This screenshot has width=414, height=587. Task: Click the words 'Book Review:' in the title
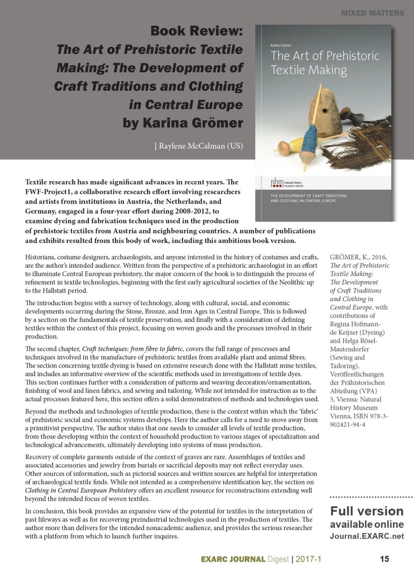pyautogui.click(x=197, y=31)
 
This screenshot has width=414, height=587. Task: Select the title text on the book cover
pyautogui.click(x=325, y=63)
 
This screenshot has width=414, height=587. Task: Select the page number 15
pyautogui.click(x=384, y=559)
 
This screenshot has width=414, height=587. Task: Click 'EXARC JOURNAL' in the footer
pyautogui.click(x=233, y=559)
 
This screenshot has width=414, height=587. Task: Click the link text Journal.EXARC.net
pyautogui.click(x=367, y=536)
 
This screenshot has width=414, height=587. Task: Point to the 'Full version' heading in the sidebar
pyautogui.click(x=367, y=511)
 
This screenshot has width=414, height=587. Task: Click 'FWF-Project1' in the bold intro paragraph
pyautogui.click(x=48, y=191)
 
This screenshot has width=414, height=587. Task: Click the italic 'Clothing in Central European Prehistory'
pyautogui.click(x=81, y=490)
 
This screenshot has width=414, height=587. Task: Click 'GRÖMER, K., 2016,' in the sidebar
pyautogui.click(x=358, y=257)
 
